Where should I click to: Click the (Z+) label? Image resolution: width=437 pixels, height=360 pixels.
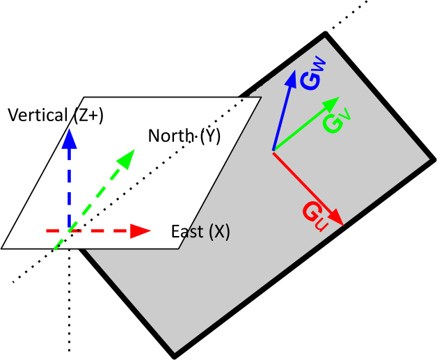click(88, 116)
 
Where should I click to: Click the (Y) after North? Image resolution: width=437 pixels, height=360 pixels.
click(210, 136)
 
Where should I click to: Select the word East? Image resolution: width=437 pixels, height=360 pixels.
click(186, 232)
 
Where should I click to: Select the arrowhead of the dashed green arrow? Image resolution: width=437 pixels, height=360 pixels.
click(126, 157)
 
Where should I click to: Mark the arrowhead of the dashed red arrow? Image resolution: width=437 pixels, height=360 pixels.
click(142, 230)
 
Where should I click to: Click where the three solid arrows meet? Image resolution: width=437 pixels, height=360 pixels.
click(273, 150)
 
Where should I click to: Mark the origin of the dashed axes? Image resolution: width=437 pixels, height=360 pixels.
click(68, 230)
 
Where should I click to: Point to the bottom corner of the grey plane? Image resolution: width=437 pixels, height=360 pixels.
click(175, 352)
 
